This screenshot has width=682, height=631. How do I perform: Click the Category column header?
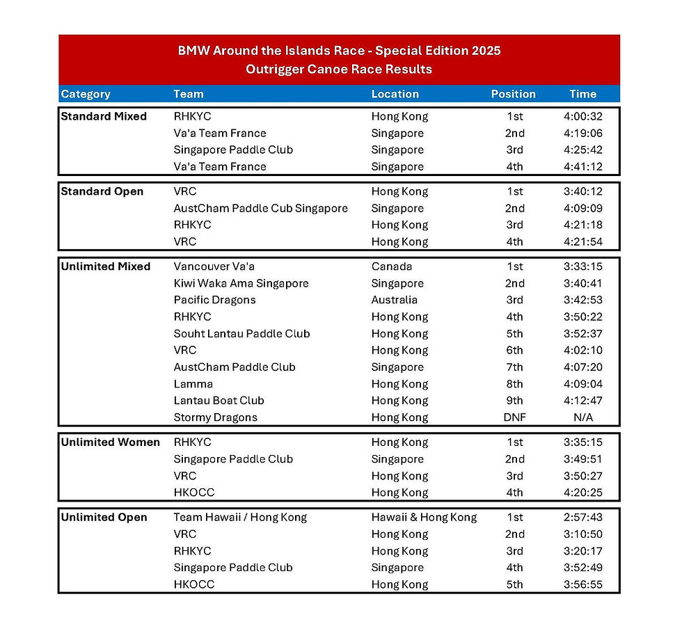pyautogui.click(x=86, y=94)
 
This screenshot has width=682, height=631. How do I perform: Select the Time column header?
pyautogui.click(x=582, y=94)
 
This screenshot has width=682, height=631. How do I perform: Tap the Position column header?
pyautogui.click(x=513, y=94)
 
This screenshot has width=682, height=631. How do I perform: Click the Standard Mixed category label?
pyautogui.click(x=104, y=116)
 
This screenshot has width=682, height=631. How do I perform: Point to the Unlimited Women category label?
pyautogui.click(x=110, y=442)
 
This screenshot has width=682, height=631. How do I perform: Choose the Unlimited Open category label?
pyautogui.click(x=104, y=518)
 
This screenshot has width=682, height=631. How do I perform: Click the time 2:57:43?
pyautogui.click(x=582, y=518)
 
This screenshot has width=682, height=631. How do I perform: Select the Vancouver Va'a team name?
pyautogui.click(x=214, y=266)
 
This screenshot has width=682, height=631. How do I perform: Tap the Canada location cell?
pyautogui.click(x=391, y=266)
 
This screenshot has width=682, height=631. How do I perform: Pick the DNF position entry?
pyautogui.click(x=514, y=417)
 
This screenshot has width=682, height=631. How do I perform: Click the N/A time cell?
pyautogui.click(x=582, y=417)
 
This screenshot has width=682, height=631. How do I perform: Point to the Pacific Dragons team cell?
pyautogui.click(x=214, y=300)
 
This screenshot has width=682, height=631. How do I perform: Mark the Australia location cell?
pyautogui.click(x=394, y=300)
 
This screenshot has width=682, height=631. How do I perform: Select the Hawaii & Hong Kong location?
pyautogui.click(x=424, y=518)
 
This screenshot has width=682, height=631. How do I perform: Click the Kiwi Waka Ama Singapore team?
pyautogui.click(x=241, y=283)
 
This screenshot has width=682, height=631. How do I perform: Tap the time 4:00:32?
pyautogui.click(x=582, y=116)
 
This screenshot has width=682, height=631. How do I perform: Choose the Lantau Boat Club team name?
pyautogui.click(x=219, y=401)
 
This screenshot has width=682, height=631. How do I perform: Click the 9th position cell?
pyautogui.click(x=514, y=401)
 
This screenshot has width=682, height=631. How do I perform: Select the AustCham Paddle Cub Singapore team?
pyautogui.click(x=260, y=208)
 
